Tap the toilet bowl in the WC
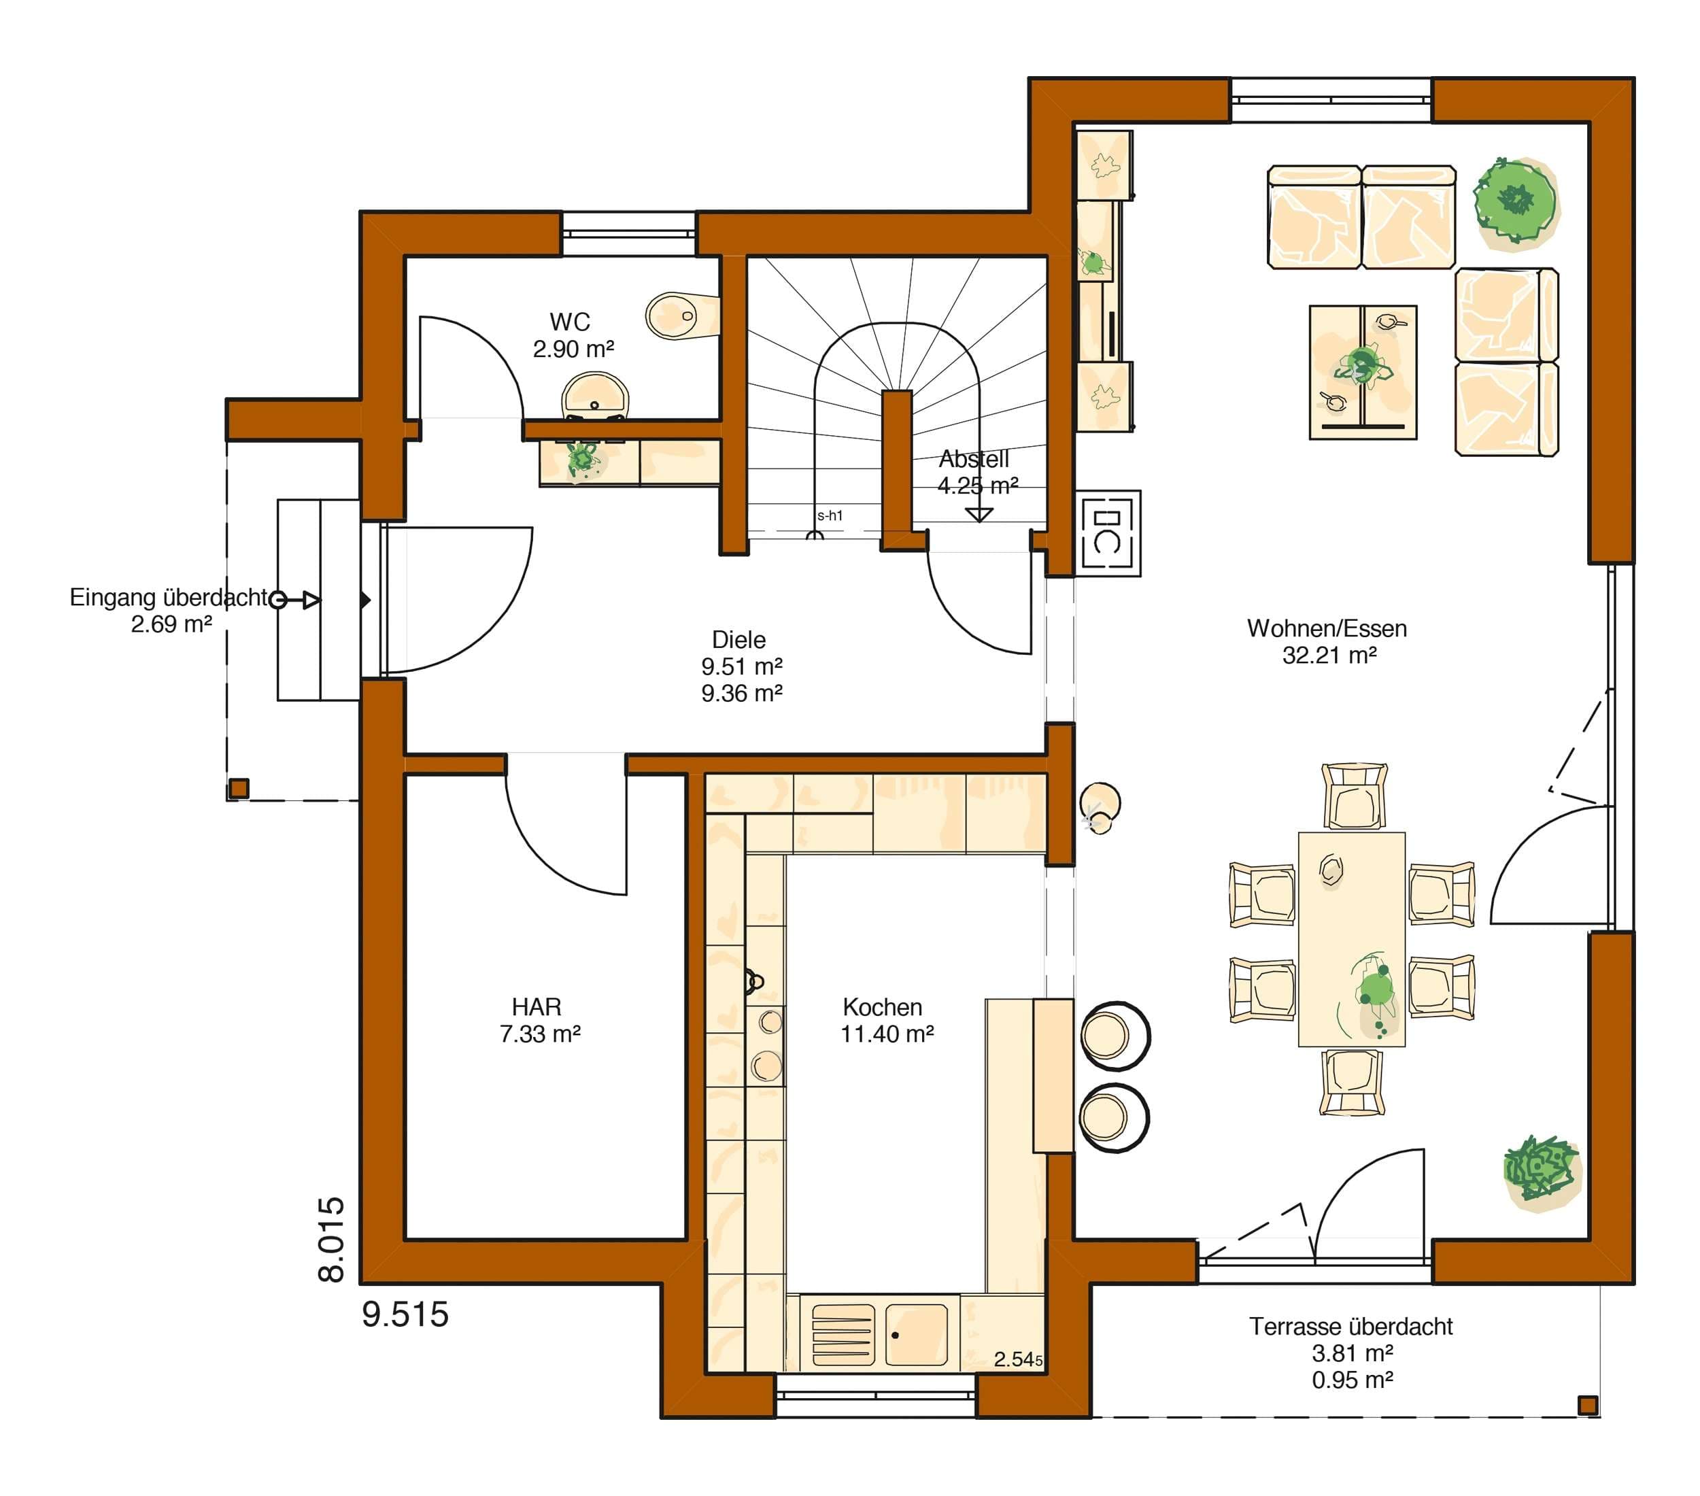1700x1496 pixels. coord(681,316)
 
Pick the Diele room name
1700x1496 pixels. coord(738,639)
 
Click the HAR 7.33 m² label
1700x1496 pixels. coord(539,1021)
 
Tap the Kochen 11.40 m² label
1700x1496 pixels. coord(887,1021)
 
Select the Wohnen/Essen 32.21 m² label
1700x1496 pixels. coord(1327,641)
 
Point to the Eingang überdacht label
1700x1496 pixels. coord(168,597)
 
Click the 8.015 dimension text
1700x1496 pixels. coord(331,1240)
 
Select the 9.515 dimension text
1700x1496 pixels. coord(405,1314)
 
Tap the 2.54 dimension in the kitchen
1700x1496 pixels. coord(1018,1359)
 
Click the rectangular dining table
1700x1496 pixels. coord(1352,939)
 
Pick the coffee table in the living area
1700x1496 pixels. coord(1362,372)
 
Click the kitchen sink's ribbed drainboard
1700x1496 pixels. coord(843,1335)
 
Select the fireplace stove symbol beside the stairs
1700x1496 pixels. coord(1108,533)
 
